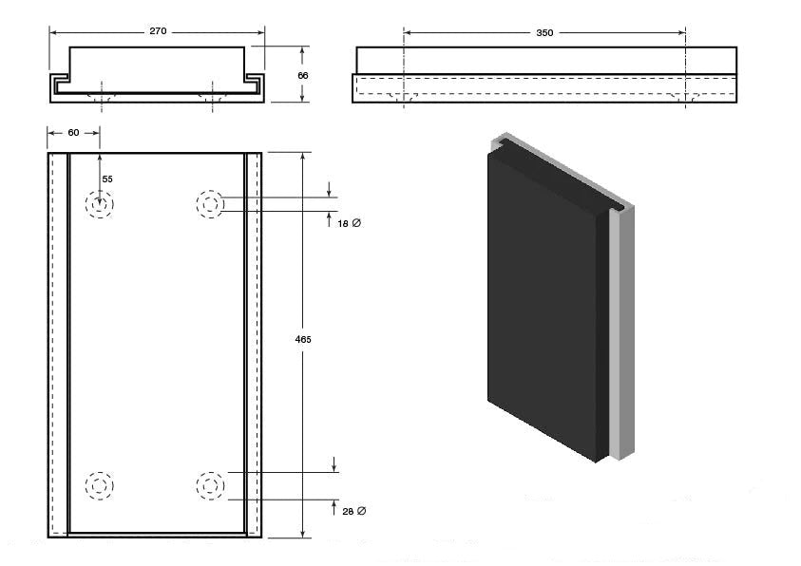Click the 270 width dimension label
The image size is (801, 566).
(158, 31)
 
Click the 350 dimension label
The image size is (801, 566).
(544, 32)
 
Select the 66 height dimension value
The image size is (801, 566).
(303, 74)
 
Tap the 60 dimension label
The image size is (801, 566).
(73, 133)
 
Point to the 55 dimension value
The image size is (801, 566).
(107, 179)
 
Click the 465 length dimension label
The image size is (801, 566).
(303, 339)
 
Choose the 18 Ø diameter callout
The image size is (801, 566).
(350, 222)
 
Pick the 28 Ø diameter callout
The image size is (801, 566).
(353, 511)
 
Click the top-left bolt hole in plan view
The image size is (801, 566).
(99, 204)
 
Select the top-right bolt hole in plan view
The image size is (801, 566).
(210, 204)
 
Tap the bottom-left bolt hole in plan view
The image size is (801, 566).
(99, 486)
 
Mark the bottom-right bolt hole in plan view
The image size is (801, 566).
(210, 486)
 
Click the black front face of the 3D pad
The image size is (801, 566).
(542, 304)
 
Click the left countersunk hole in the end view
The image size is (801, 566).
(102, 96)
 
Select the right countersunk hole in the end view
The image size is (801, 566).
(211, 96)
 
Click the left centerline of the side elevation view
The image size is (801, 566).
(405, 71)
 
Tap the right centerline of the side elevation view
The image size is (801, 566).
(685, 71)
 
